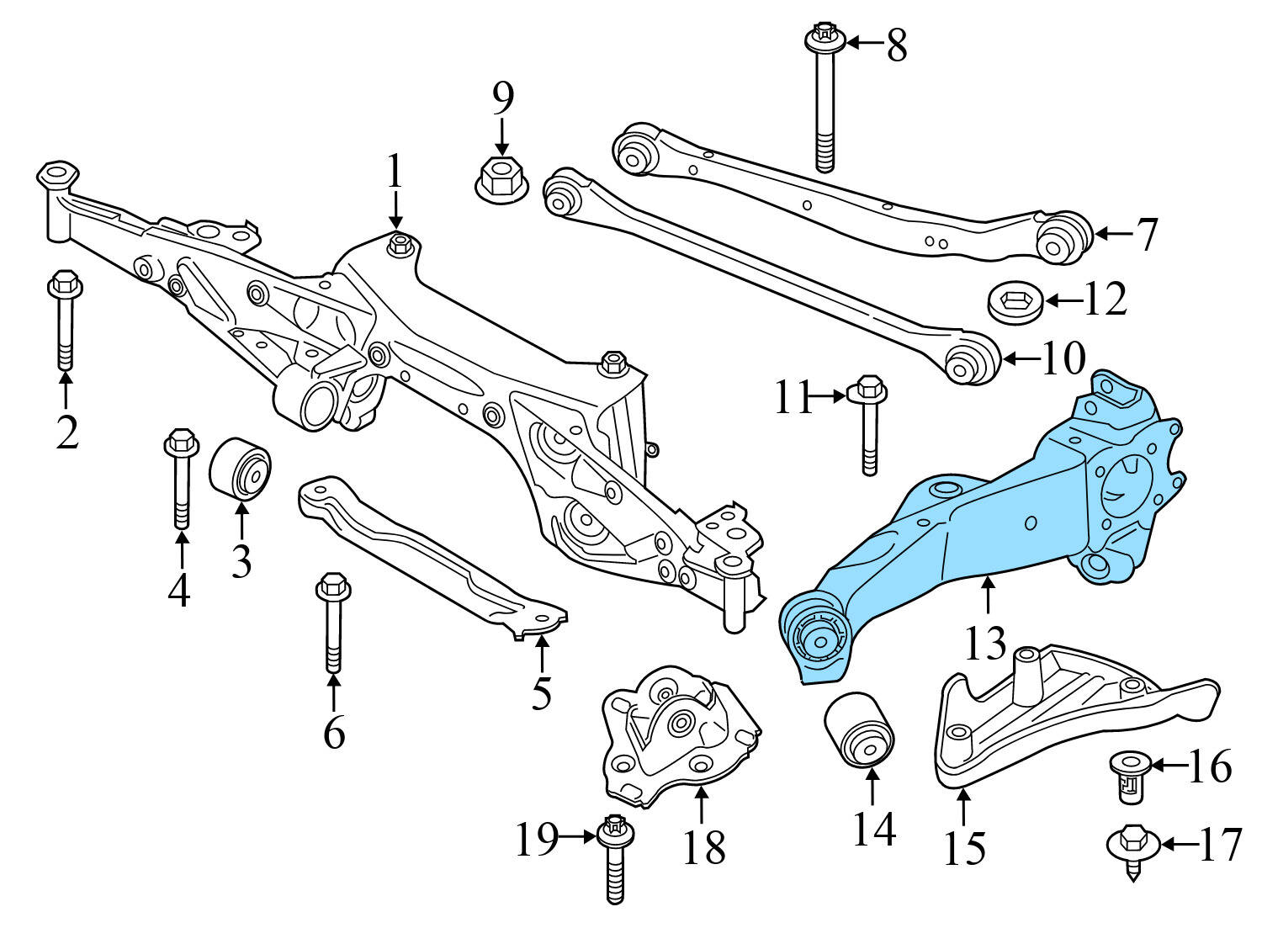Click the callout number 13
coord(985,644)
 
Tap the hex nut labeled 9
coord(501,179)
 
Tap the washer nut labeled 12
coord(1015,302)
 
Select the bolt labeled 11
coord(869,425)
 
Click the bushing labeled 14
coord(860,729)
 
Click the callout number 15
coord(964,848)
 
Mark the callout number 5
coord(542,693)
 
